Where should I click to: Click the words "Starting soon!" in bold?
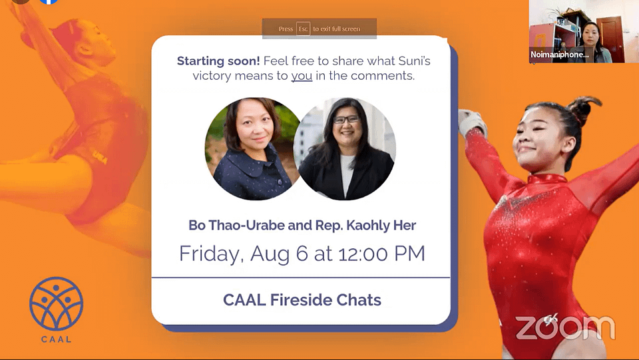click(218, 61)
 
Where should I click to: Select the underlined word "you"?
click(302, 76)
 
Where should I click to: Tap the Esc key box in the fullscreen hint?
click(304, 29)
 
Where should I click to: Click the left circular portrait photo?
click(253, 148)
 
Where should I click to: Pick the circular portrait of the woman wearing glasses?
click(345, 148)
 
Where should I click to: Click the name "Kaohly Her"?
click(381, 225)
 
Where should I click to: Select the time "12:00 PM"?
click(381, 254)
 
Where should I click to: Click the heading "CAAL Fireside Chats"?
click(302, 300)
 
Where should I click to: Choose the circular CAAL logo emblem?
click(56, 303)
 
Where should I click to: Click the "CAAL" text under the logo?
click(56, 339)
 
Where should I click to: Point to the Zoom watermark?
click(565, 327)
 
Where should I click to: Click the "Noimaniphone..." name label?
click(560, 55)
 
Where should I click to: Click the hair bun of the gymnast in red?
click(584, 106)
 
